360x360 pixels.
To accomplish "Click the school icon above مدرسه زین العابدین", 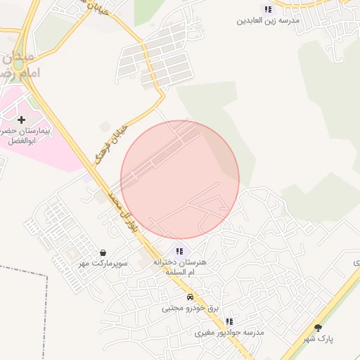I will click(x=267, y=9).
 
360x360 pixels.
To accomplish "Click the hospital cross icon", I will click(x=21, y=120).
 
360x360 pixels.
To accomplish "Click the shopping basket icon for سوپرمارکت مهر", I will click(x=103, y=252).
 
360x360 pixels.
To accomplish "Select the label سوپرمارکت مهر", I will click(x=103, y=264).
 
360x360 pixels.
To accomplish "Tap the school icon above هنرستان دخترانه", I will click(x=179, y=250).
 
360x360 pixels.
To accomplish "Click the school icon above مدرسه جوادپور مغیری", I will click(x=229, y=321).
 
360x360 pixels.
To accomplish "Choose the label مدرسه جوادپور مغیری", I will click(x=229, y=332).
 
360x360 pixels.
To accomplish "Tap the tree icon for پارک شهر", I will click(x=318, y=327).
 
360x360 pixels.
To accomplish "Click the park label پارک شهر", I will click(x=319, y=339).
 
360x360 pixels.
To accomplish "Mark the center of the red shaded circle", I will click(x=180, y=180).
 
